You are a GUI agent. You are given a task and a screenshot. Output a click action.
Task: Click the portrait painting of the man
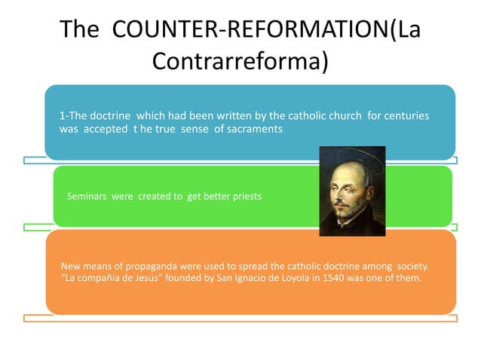point(352,191)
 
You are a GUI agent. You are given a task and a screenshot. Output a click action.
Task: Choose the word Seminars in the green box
point(87,196)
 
